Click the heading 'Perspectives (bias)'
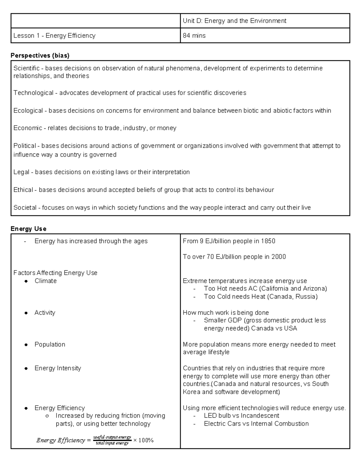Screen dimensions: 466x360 [40, 56]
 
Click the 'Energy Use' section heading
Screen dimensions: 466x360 [28, 229]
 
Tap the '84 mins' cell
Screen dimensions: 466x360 [194, 36]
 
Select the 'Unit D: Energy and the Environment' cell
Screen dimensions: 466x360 [234, 21]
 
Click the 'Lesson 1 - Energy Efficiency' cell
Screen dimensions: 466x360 [54, 36]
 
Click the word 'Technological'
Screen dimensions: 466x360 [33, 93]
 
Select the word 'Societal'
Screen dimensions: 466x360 [25, 208]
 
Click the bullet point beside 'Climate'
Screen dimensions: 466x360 [26, 281]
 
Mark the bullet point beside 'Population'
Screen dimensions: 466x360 [26, 345]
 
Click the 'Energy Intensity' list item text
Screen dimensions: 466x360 [58, 368]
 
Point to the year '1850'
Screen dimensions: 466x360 [268, 241]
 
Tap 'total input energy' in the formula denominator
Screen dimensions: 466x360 [112, 443]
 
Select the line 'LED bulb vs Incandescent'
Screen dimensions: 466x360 [241, 416]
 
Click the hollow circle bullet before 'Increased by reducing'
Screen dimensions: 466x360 [47, 416]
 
